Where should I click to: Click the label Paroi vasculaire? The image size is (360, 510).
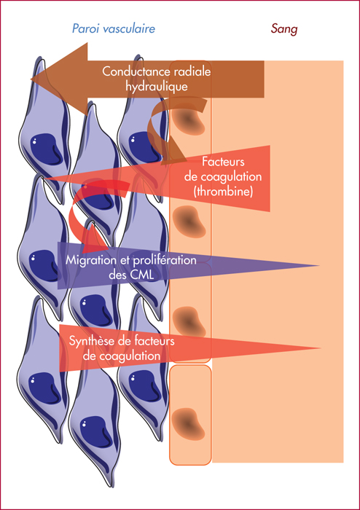tap(114, 30)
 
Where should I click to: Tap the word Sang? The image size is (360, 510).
tap(284, 30)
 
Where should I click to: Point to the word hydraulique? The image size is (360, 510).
tap(157, 87)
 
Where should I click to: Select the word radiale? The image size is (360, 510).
tap(194, 72)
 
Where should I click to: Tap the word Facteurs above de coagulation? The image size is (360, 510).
tap(223, 162)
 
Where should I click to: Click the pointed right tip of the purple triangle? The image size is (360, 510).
tap(318, 266)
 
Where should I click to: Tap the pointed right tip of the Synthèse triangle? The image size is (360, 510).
tap(321, 348)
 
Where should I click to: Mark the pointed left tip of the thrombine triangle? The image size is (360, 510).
tap(45, 178)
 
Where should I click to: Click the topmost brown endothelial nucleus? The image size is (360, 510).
tap(188, 121)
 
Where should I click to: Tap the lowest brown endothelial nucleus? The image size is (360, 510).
tap(188, 422)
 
